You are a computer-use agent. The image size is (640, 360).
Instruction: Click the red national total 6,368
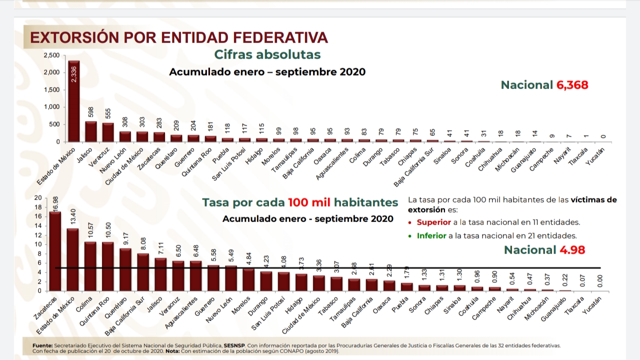coord(572,85)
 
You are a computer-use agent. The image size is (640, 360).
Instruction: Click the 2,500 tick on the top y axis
coord(51,55)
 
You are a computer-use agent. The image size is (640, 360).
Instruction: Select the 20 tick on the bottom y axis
coord(38,198)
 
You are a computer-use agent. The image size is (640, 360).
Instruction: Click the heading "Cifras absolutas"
coord(267,54)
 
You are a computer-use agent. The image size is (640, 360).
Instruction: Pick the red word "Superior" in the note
coord(433,222)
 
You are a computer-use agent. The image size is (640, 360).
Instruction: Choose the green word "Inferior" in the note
coord(431,235)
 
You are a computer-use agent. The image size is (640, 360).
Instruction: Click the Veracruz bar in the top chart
coord(108,132)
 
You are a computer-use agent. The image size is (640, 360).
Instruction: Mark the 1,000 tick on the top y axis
coord(51,107)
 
